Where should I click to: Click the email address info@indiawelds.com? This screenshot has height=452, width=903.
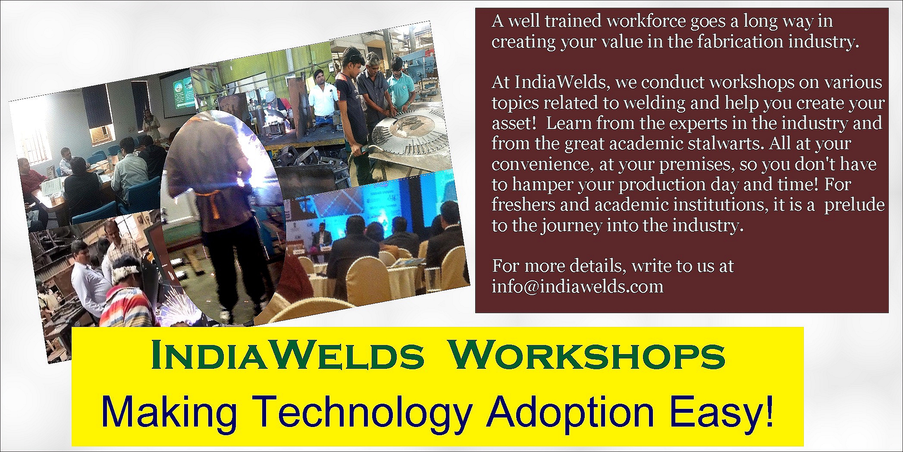pos(577,286)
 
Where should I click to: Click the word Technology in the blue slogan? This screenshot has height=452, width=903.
pos(361,413)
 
